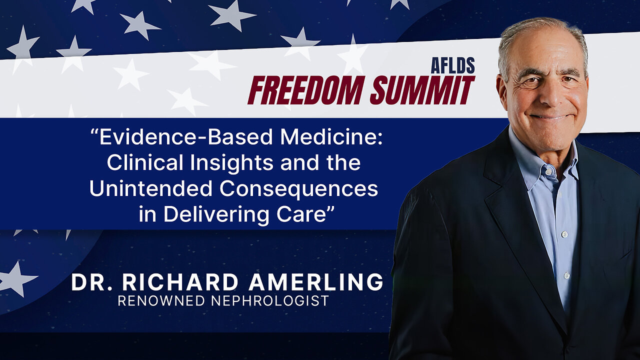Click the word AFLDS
(x=453, y=65)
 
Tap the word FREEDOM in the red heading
(x=306, y=90)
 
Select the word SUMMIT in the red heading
(x=422, y=90)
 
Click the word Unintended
(x=151, y=188)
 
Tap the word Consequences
(x=299, y=189)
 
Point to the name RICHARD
(x=180, y=282)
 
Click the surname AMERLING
(x=315, y=282)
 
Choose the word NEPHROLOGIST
(x=270, y=301)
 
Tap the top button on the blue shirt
(x=548, y=172)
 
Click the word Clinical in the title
(x=145, y=162)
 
